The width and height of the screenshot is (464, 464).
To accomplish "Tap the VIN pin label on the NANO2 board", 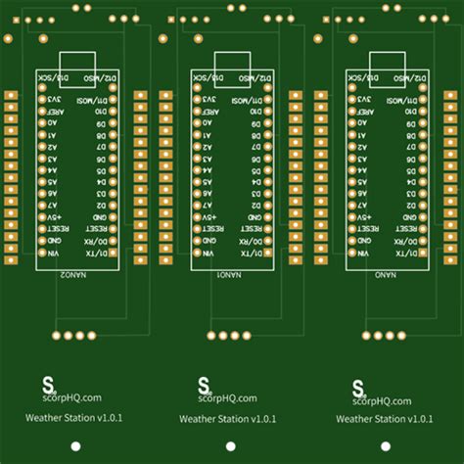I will [54, 253].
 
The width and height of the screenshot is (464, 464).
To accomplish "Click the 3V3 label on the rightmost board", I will [365, 100].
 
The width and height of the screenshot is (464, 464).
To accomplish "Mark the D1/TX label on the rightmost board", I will [412, 253].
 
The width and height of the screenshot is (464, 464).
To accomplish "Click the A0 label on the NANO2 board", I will [54, 125].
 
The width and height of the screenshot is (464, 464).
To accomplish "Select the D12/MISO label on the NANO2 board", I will [104, 75].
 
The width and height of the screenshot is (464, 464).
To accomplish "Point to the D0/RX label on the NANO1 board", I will [258, 240].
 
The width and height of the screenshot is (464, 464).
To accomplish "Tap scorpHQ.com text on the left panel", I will [74, 398].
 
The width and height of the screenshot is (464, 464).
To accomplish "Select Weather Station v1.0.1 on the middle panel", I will [229, 419].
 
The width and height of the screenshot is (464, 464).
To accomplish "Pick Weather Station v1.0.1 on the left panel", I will [74, 418].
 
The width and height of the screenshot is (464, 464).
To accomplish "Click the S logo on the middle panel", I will [204, 384].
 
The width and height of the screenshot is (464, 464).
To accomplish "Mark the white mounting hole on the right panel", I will [385, 447].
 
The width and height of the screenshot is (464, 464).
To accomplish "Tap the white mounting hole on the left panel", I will [74, 447].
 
